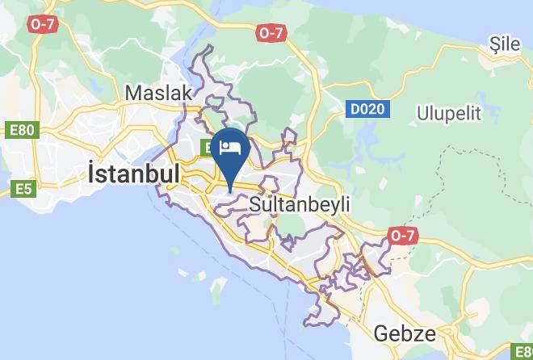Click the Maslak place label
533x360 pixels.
tap(158, 93)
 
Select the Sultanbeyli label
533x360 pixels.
tap(300, 204)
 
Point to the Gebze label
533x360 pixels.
tap(405, 333)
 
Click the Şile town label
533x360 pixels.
tap(506, 45)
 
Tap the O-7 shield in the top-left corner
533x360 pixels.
tap(41, 24)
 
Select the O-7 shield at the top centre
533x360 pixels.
tap(271, 33)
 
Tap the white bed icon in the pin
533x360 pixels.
tap(231, 148)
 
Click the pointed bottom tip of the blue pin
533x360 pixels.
tap(231, 191)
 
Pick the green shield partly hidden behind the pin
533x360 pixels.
tap(205, 149)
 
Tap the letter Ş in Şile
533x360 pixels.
tap(493, 45)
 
